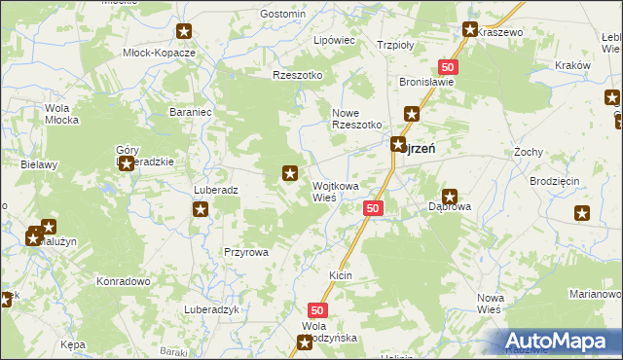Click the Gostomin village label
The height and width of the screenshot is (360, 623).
(283, 15)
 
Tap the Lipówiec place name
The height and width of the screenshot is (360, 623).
(333, 41)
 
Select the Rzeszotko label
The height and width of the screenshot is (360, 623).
(297, 75)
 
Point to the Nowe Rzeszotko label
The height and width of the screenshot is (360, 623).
(356, 118)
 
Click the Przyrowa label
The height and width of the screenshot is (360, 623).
(245, 251)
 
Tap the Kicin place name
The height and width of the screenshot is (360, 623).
(340, 276)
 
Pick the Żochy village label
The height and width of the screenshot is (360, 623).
(528, 153)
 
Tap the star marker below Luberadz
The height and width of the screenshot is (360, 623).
(201, 209)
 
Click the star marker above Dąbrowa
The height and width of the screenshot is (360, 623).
(450, 197)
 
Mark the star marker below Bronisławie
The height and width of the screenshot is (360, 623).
(412, 115)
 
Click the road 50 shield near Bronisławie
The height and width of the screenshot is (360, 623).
(447, 66)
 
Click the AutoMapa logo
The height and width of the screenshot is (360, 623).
(559, 341)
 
